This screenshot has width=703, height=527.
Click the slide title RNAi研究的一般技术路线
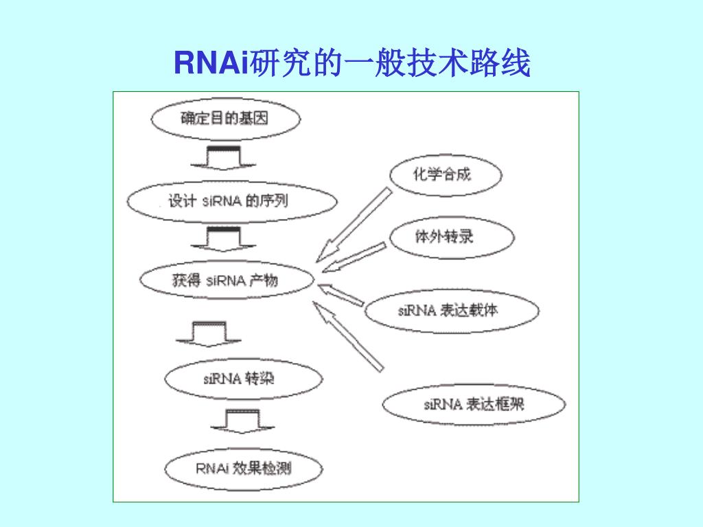[351, 64]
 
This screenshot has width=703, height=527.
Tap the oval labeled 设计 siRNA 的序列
[232, 202]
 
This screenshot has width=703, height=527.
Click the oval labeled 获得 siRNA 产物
[227, 280]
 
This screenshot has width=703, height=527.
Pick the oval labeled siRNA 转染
[243, 378]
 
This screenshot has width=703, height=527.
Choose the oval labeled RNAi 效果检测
[243, 469]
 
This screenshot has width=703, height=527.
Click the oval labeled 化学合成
[445, 174]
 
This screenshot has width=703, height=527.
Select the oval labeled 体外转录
[452, 237]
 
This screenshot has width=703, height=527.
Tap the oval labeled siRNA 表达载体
[450, 311]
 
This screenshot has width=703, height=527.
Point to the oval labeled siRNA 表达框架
[474, 404]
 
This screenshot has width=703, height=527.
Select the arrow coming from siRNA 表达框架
[346, 336]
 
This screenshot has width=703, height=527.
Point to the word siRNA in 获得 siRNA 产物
[226, 280]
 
